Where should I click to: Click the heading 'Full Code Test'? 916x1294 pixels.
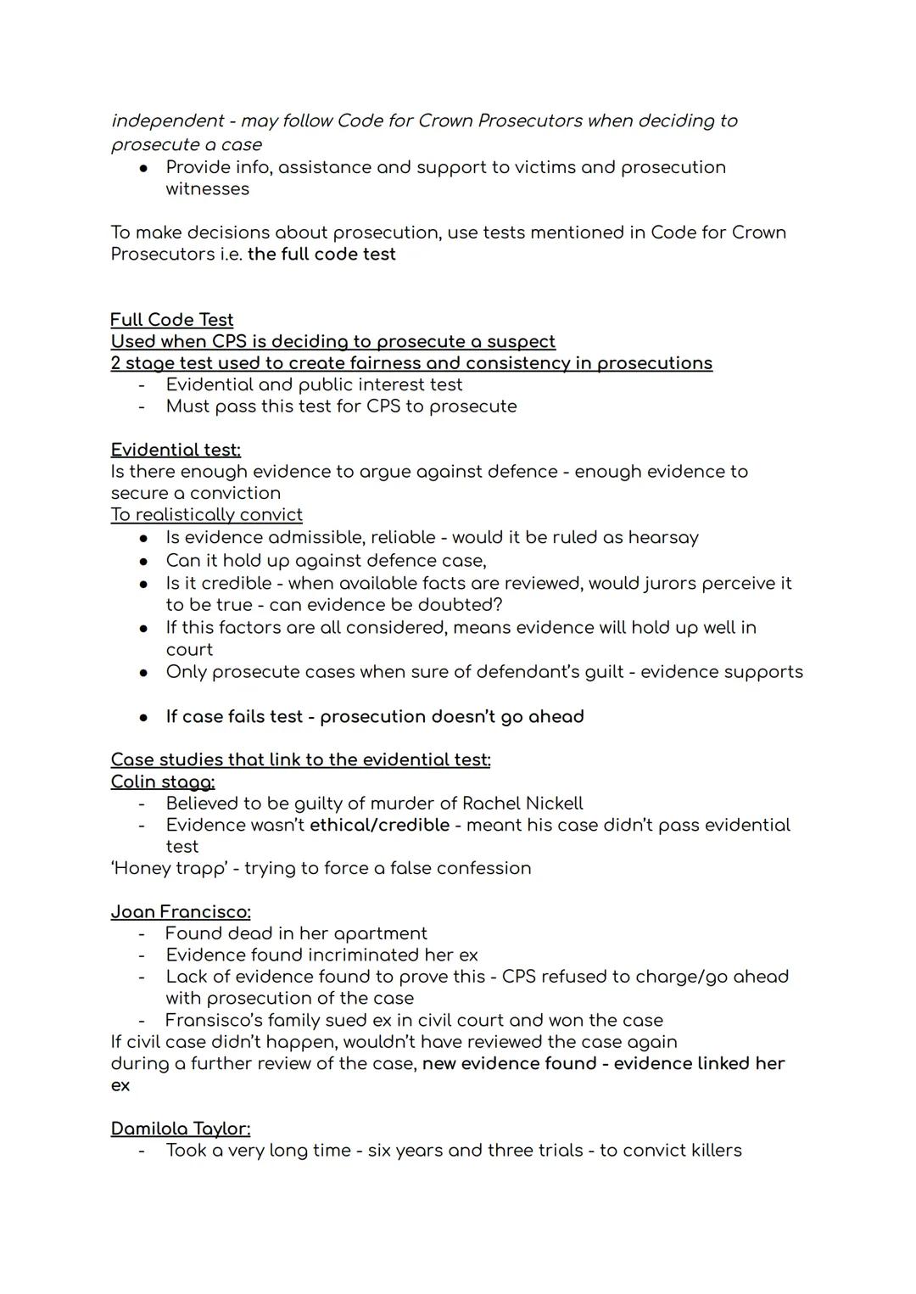coord(171,320)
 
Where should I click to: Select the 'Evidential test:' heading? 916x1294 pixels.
coord(176,450)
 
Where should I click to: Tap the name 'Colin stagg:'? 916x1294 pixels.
coord(163,781)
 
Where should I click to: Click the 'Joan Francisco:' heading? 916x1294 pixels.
coord(181,912)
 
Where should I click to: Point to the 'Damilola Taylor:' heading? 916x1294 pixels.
coord(181,1129)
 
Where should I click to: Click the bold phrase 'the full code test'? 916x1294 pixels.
coord(321,255)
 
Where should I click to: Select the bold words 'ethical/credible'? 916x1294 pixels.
coord(379,826)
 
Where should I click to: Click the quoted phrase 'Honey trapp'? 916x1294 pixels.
coord(169,869)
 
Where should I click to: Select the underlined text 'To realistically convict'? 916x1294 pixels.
coord(206,515)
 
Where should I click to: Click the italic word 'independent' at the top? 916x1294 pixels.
coord(167,121)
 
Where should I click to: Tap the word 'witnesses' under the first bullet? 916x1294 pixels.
coord(208,189)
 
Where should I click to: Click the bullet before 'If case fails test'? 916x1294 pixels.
coord(144,718)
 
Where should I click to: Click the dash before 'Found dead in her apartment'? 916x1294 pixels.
coord(142,934)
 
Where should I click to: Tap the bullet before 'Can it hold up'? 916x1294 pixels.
coord(144,562)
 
